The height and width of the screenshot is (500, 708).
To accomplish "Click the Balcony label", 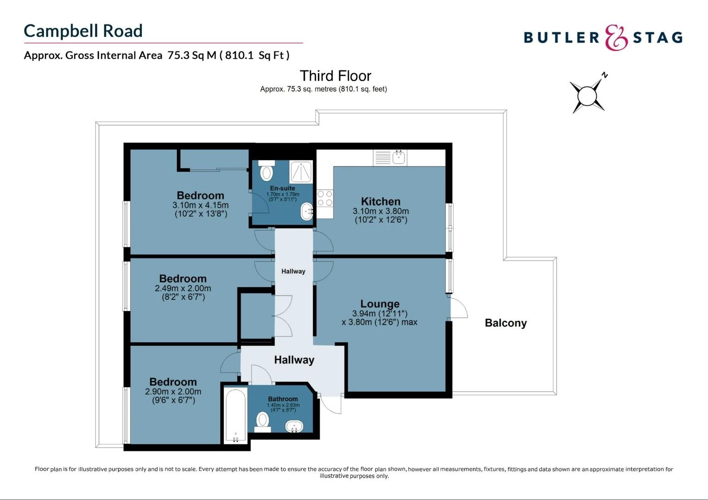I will click(x=506, y=323).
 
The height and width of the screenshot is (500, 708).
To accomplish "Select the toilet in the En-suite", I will click(x=266, y=172).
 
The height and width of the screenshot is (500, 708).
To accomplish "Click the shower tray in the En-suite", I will click(x=302, y=172).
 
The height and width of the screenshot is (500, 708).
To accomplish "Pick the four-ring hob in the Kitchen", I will click(x=324, y=199).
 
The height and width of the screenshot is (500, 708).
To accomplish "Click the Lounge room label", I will click(x=379, y=304).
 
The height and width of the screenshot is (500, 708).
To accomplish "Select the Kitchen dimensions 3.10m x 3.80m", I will click(x=380, y=211).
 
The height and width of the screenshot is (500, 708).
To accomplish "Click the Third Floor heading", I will click(x=335, y=76).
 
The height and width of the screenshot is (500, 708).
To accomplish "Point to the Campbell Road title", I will click(x=83, y=31).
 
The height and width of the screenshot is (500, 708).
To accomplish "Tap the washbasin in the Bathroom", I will click(x=294, y=426).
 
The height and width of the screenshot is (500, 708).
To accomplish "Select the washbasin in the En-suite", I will click(x=306, y=212).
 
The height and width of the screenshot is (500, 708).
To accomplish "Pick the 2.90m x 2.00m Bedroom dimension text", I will click(x=173, y=392).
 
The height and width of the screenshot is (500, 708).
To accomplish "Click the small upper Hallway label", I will click(x=293, y=271).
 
